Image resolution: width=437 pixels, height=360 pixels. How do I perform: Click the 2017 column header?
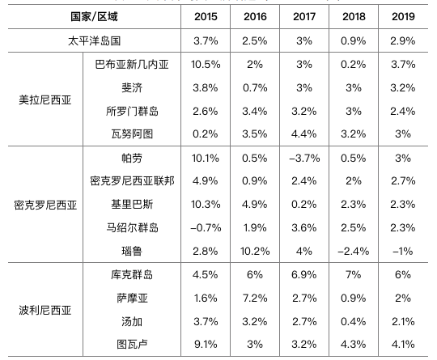(304, 17)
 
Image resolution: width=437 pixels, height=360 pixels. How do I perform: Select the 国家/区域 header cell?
(94, 17)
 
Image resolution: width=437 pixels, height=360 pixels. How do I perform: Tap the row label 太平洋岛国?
(94, 41)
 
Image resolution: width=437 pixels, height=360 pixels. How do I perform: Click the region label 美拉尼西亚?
(45, 100)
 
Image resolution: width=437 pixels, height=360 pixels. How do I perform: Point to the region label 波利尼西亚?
(45, 310)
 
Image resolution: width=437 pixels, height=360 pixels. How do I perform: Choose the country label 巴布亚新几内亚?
(132, 65)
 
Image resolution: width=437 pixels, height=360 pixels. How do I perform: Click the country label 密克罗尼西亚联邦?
(132, 181)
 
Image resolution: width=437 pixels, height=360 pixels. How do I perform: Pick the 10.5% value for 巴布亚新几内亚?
(206, 65)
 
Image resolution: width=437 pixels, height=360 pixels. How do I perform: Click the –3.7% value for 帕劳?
(304, 159)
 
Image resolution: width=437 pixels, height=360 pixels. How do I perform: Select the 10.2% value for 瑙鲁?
(255, 252)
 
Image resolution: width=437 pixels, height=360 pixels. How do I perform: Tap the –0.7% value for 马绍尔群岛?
(206, 228)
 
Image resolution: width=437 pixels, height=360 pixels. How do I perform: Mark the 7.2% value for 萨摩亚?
(255, 299)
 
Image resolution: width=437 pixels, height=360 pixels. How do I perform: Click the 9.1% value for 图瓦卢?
(206, 345)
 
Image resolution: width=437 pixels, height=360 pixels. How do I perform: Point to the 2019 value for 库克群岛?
(403, 275)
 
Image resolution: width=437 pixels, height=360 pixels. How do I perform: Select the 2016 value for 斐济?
(255, 87)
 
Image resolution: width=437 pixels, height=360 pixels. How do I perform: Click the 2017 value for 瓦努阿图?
(304, 134)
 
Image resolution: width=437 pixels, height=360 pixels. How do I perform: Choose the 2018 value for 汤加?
(354, 321)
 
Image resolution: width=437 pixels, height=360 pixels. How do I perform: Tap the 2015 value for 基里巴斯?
(206, 204)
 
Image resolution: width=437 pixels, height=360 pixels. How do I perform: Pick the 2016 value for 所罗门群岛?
(255, 111)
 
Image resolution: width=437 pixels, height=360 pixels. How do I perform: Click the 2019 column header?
(403, 17)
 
